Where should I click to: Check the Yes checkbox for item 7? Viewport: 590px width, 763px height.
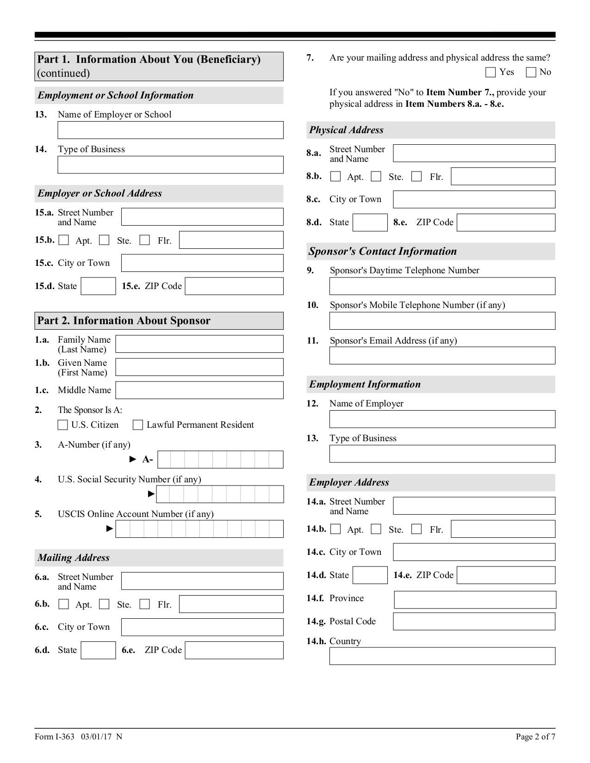tap(491, 72)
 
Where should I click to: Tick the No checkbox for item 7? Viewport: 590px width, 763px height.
tap(531, 72)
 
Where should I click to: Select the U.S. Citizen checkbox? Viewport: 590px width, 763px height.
tap(62, 425)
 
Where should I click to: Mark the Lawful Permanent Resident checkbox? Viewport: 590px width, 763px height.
tap(138, 425)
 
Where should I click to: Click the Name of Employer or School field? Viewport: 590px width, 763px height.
tap(170, 130)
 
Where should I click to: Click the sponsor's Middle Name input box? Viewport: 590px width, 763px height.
tap(199, 390)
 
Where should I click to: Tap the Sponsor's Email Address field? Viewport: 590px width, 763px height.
tap(442, 356)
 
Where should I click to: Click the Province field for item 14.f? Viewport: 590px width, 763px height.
tap(475, 600)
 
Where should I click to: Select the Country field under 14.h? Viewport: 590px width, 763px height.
tap(442, 656)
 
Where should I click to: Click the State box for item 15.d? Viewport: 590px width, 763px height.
tap(98, 286)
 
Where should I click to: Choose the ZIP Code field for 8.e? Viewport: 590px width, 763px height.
tap(506, 222)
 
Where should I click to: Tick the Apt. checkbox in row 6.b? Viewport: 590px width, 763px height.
tap(64, 604)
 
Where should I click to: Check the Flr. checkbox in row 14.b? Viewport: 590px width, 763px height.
tap(416, 529)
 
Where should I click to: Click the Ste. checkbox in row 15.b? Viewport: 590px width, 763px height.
tap(105, 240)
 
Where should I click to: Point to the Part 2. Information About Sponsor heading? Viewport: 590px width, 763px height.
tap(124, 321)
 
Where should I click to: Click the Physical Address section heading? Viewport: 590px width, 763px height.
tap(346, 130)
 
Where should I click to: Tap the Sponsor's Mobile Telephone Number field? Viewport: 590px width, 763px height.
tap(442, 321)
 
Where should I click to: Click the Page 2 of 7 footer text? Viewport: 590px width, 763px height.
tap(535, 737)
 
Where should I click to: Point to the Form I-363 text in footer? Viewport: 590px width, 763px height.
tap(55, 737)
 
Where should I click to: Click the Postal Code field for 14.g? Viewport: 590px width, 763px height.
tap(474, 621)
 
